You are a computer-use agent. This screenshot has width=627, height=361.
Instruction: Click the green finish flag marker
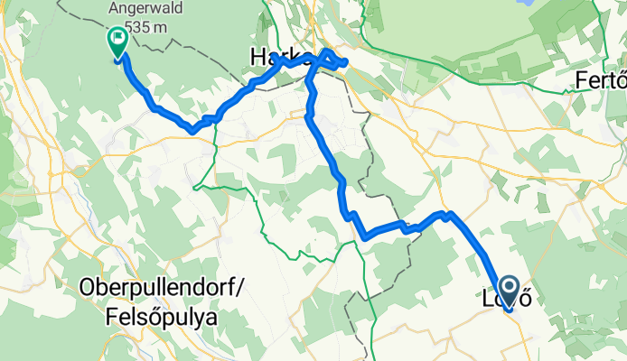[x=117, y=41]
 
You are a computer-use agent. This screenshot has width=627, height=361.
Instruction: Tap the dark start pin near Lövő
[x=508, y=291]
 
